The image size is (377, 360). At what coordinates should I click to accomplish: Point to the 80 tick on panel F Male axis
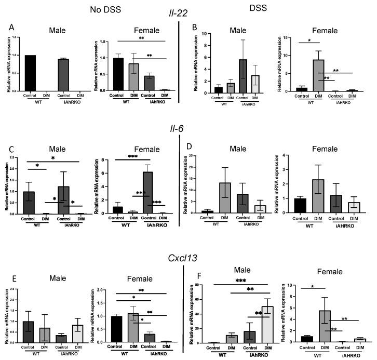[x=200, y=286]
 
